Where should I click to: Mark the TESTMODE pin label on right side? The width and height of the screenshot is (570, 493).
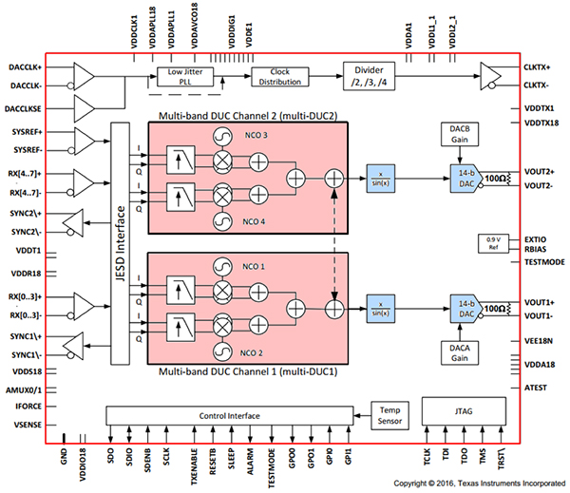(544, 261)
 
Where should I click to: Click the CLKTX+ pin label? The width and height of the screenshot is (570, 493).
(538, 67)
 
